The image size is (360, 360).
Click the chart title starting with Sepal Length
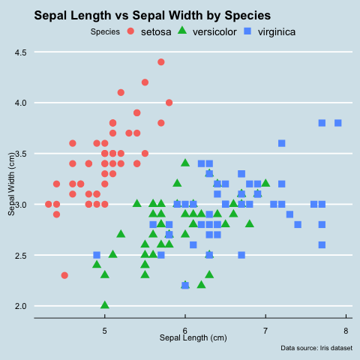pos(152,16)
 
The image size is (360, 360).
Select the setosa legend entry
pos(149,31)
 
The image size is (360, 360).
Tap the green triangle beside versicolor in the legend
pos(182,31)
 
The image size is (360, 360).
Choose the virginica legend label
pos(277,32)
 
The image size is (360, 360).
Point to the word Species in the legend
pos(105,31)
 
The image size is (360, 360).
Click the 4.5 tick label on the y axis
pos(20,52)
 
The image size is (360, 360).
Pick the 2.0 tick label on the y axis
pos(20,306)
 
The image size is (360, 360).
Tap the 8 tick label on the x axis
pos(346,331)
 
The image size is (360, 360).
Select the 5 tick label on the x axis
pos(105,331)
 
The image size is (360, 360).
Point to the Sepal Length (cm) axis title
pos(193,337)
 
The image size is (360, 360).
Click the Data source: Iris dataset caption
pos(316,348)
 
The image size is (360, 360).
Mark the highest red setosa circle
pos(161,62)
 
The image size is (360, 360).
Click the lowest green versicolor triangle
pos(105,304)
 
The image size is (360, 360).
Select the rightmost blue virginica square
pos(338,123)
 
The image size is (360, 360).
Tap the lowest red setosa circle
pos(64,275)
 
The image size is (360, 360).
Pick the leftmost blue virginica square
pos(97,255)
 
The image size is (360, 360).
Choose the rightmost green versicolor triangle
pos(265,183)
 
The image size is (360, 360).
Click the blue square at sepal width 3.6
pos(282,143)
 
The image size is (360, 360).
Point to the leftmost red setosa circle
pos(49,204)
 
